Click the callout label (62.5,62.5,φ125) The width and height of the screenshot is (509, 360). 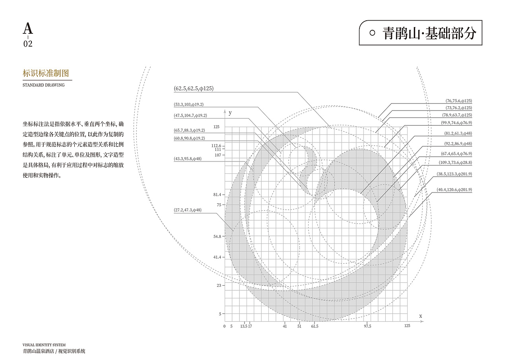[x=194, y=88]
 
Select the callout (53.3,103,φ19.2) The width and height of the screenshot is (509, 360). [x=188, y=105]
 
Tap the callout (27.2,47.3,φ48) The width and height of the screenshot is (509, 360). [x=188, y=210]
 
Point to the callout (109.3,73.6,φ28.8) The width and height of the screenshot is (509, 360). [x=455, y=163]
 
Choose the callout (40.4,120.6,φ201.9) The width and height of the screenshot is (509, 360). [x=454, y=190]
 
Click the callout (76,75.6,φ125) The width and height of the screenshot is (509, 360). [x=458, y=101]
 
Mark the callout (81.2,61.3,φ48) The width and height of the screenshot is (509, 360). [x=458, y=133]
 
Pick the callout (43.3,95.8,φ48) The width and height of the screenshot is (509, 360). [x=188, y=159]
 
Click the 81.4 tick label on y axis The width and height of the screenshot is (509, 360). [x=217, y=195]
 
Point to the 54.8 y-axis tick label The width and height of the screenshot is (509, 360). [x=217, y=237]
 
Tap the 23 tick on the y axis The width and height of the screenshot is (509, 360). [x=219, y=286]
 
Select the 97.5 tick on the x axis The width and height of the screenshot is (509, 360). [x=367, y=326]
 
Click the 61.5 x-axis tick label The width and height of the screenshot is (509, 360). [x=315, y=326]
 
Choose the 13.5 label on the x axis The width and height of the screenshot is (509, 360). [x=244, y=326]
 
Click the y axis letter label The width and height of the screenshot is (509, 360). [x=230, y=113]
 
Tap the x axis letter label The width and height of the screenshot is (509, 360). [x=421, y=316]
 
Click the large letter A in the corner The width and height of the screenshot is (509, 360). [x=28, y=28]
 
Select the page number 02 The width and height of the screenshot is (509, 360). [x=28, y=44]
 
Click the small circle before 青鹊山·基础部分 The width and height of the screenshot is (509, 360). [x=372, y=33]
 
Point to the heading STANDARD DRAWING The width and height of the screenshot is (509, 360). [x=44, y=85]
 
